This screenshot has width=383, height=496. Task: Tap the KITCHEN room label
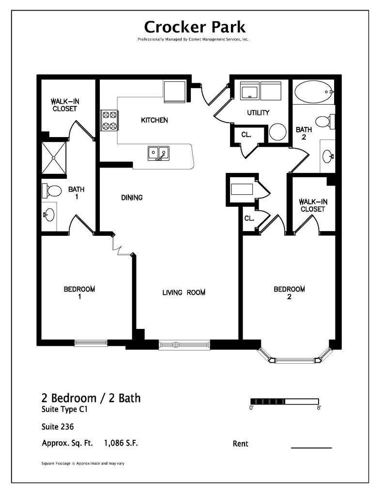point(154,120)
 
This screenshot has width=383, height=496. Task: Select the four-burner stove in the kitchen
point(109,121)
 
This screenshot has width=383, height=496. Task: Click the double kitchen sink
point(158,154)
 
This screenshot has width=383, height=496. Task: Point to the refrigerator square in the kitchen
point(174,92)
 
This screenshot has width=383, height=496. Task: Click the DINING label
point(132,198)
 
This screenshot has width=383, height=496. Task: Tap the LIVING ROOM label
point(184,293)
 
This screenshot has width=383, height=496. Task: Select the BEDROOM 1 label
point(79,293)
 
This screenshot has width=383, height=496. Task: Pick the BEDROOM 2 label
point(289,293)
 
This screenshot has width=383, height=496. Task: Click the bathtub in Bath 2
point(314,92)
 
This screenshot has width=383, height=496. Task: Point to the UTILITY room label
point(258,113)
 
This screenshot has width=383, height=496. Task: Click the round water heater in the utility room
point(278,132)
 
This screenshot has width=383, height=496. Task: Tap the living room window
point(184,344)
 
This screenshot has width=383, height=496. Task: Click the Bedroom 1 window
point(91,343)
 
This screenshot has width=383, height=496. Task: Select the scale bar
point(285,401)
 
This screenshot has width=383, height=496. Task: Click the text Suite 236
point(58,427)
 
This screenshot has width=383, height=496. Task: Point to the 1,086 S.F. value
point(124,443)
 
